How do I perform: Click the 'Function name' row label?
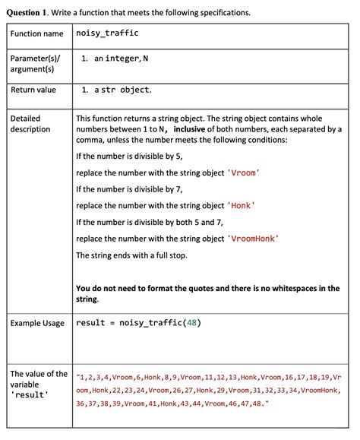click(36, 34)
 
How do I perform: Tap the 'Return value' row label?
click(33, 90)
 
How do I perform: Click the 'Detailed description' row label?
click(31, 124)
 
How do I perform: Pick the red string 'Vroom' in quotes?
click(244, 173)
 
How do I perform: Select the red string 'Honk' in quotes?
click(241, 205)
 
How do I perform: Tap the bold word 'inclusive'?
click(194, 129)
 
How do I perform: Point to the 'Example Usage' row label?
click(37, 323)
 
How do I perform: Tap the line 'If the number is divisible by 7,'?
click(129, 189)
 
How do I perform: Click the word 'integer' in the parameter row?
click(122, 59)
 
